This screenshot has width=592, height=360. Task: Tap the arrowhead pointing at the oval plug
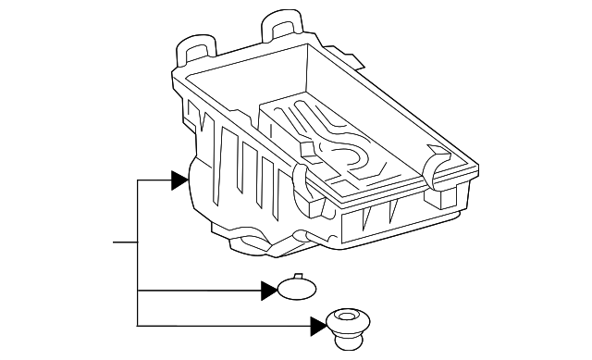click(269, 292)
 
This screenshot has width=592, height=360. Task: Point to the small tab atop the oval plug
click(297, 276)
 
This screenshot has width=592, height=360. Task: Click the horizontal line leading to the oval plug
click(199, 292)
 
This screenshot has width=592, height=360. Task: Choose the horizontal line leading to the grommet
click(222, 325)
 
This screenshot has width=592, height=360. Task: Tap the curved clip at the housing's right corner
click(437, 166)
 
